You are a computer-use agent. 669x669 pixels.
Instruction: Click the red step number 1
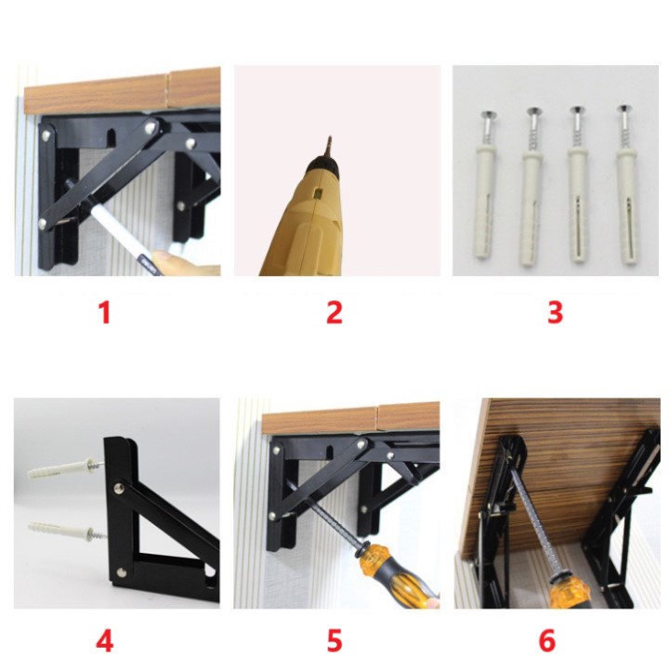click(105, 312)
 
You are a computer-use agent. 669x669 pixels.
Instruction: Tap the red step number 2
click(334, 312)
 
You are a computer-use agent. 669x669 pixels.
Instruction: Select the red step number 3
click(555, 312)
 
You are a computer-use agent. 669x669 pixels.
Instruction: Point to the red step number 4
click(104, 640)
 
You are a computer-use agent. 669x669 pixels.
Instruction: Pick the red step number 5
click(334, 640)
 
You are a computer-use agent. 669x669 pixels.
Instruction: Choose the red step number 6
click(547, 640)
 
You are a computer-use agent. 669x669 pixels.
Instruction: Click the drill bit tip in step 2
click(329, 138)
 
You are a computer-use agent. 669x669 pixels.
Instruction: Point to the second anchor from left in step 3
click(532, 186)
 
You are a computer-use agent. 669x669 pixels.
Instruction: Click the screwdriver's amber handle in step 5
click(396, 571)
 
